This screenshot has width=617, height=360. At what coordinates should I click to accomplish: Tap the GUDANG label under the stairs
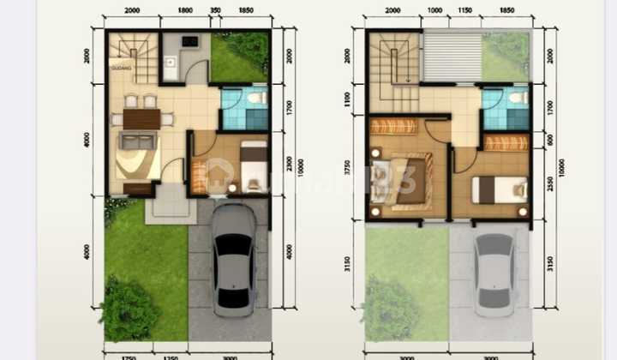coord(119,66)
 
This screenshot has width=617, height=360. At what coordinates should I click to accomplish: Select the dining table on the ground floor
coord(141,118)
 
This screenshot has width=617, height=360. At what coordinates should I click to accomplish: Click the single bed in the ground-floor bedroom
coord(253,165)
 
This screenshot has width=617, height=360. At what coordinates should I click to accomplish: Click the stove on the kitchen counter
coord(189,40)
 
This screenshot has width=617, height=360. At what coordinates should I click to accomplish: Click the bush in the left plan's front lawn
coord(128,309)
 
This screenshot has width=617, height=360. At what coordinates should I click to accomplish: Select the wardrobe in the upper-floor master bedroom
coord(395,126)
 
